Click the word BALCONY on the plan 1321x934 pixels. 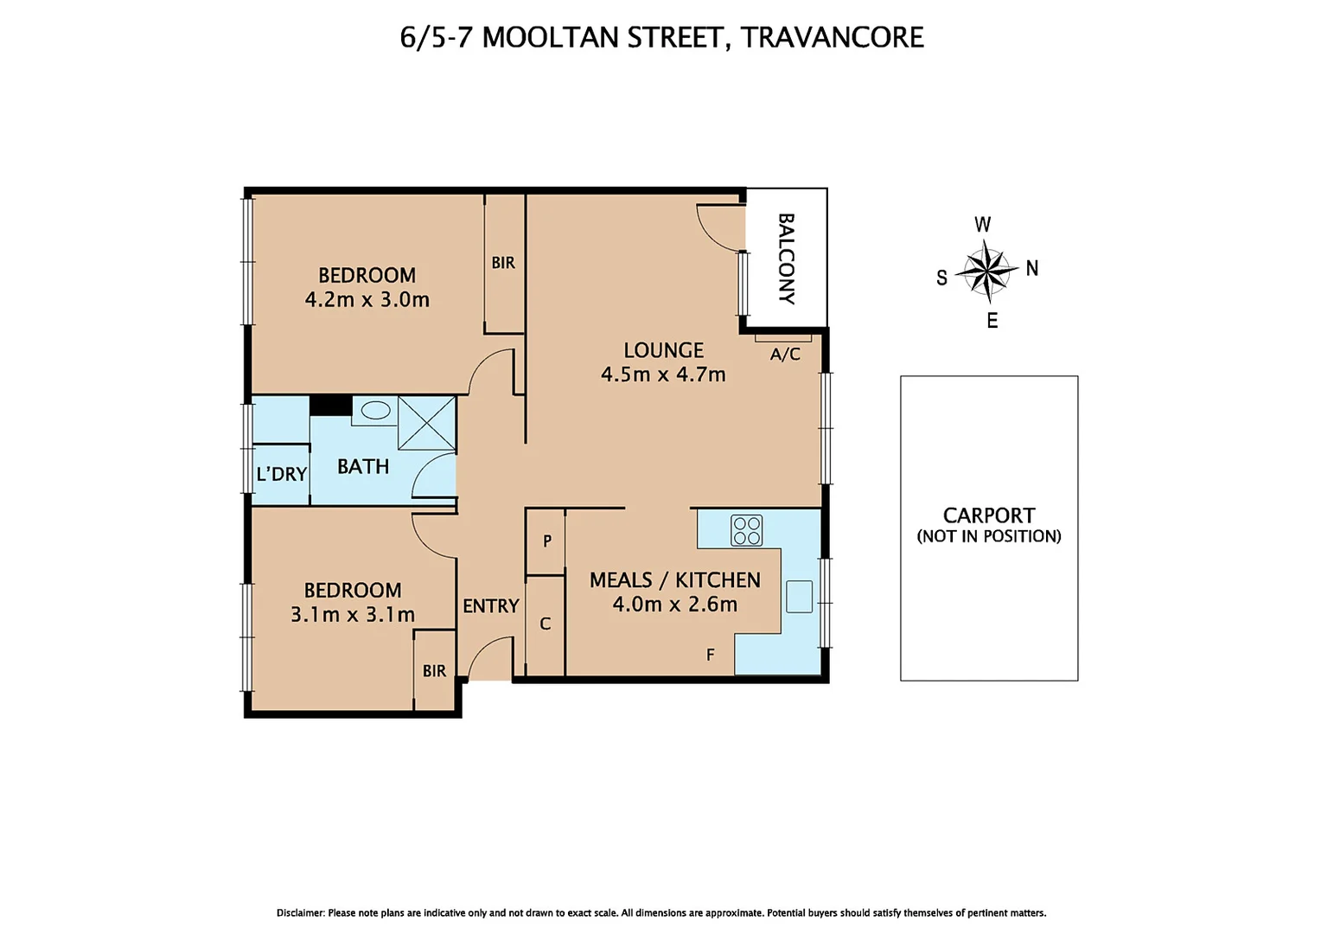(x=786, y=259)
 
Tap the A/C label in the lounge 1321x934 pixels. (x=785, y=355)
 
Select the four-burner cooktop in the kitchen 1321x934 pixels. (x=747, y=530)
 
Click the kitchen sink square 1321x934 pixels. (x=799, y=597)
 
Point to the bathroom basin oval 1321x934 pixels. (x=375, y=411)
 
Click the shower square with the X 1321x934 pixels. (x=426, y=423)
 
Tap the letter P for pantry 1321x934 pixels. (x=546, y=541)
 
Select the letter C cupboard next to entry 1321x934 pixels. (x=545, y=624)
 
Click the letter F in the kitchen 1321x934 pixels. (x=711, y=655)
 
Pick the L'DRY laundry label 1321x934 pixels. (x=282, y=474)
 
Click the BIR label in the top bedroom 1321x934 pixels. (x=503, y=263)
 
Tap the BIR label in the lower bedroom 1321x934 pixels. (x=434, y=671)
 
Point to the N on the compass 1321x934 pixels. (x=1031, y=268)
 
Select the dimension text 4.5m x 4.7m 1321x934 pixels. (x=663, y=374)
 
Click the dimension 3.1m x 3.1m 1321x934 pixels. (x=353, y=614)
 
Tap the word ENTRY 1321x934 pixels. (x=490, y=606)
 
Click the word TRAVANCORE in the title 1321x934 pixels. (x=832, y=37)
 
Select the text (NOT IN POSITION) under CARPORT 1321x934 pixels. (x=989, y=536)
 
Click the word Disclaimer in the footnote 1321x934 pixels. (x=300, y=912)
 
